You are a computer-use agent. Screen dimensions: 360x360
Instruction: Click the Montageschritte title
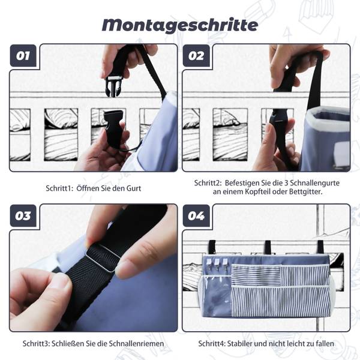click(180, 25)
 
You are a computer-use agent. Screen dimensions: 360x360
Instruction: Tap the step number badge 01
click(23, 56)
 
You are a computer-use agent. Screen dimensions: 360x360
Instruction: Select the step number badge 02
click(196, 56)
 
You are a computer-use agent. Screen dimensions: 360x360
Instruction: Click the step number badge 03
click(23, 216)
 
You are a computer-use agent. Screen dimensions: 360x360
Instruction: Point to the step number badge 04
click(196, 216)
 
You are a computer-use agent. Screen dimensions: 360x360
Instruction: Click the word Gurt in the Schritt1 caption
click(134, 188)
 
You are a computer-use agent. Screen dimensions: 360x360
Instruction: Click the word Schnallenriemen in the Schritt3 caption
click(136, 344)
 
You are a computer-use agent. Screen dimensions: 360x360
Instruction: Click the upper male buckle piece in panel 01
click(113, 86)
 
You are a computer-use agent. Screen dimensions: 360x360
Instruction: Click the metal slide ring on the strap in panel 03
click(103, 257)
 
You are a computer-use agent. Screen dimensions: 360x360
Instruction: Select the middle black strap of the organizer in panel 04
click(268, 247)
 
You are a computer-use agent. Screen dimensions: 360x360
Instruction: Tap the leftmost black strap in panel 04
click(212, 247)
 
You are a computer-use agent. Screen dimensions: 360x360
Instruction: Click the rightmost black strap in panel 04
click(321, 247)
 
